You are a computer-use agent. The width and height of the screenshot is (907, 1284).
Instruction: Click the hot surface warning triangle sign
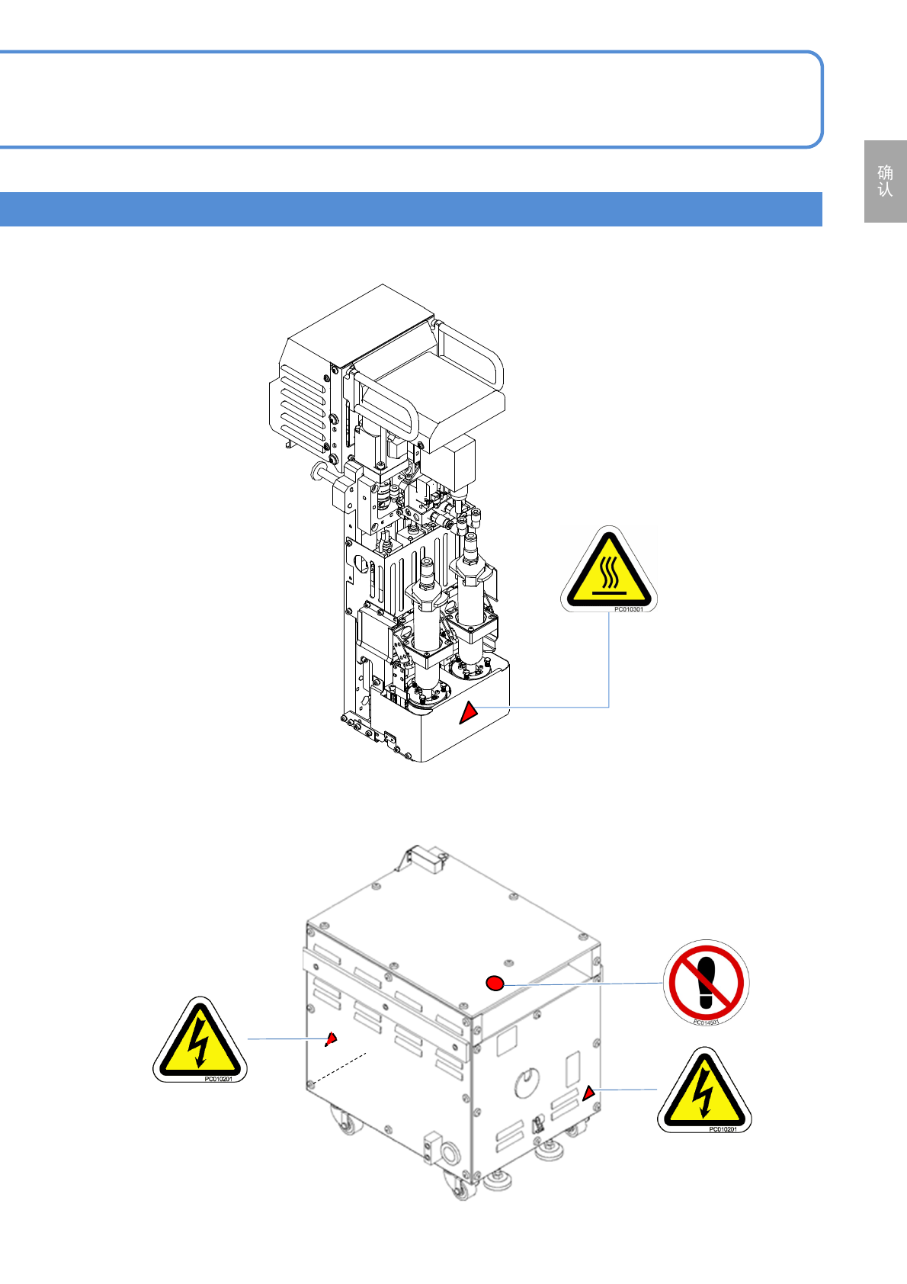(608, 570)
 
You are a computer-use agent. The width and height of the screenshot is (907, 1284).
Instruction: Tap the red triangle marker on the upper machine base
(468, 713)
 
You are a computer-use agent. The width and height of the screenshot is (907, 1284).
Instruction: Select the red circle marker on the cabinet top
(495, 983)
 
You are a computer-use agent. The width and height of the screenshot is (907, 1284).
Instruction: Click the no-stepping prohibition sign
(706, 982)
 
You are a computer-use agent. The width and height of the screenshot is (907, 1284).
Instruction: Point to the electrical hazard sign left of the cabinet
(200, 1041)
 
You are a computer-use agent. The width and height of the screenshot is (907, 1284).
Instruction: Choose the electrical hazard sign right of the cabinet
(704, 1091)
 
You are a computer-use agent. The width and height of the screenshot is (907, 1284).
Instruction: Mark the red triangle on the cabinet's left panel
(331, 1038)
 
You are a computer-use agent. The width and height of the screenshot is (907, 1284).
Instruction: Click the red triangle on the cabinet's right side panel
(588, 1094)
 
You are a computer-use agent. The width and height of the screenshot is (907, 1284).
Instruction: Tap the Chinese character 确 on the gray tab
(885, 172)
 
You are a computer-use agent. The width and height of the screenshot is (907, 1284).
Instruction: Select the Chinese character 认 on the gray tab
(885, 190)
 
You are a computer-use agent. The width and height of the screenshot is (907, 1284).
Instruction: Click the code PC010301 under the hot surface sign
(628, 609)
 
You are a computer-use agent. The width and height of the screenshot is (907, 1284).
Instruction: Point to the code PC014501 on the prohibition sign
(706, 1022)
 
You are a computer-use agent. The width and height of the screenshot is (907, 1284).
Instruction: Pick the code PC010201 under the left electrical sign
(218, 1079)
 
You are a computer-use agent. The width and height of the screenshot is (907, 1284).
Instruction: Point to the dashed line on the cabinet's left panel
(339, 1068)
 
